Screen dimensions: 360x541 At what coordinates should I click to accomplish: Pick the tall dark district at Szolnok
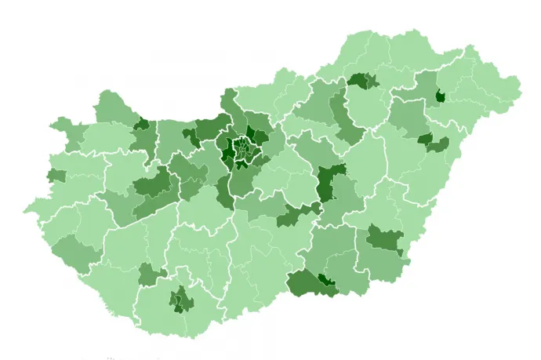325,185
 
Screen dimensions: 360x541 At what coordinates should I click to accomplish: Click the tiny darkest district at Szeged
325,280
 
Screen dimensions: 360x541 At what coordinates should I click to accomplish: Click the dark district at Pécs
182,299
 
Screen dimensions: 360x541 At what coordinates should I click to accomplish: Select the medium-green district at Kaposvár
148,275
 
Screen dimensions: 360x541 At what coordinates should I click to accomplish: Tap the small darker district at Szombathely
56,176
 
